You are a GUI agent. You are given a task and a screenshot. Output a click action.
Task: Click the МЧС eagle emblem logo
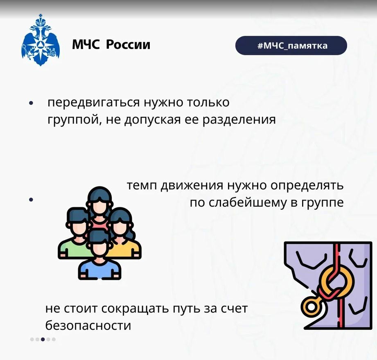click(x=41, y=40)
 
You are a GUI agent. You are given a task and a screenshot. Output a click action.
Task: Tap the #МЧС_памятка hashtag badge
click(x=291, y=45)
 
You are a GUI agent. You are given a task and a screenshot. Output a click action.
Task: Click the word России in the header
click(x=128, y=45)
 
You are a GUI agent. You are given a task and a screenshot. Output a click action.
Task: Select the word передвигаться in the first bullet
click(x=93, y=103)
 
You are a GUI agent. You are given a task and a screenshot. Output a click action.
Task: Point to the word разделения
click(x=239, y=120)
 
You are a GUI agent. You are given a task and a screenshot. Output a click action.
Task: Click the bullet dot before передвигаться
click(x=31, y=103)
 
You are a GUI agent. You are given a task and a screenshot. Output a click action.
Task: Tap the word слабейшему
click(x=248, y=202)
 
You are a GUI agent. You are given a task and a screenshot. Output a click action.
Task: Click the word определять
click(x=307, y=186)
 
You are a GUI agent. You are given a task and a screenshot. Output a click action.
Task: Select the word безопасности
click(x=88, y=325)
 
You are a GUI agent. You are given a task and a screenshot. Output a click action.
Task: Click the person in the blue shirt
click(x=99, y=255)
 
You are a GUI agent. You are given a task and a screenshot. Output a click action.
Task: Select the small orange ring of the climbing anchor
click(x=311, y=307)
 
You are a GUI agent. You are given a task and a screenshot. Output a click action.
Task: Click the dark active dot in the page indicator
click(x=43, y=339)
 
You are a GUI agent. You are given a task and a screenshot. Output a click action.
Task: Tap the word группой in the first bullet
click(x=73, y=120)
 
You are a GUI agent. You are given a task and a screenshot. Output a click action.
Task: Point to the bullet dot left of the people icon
click(x=31, y=200)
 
